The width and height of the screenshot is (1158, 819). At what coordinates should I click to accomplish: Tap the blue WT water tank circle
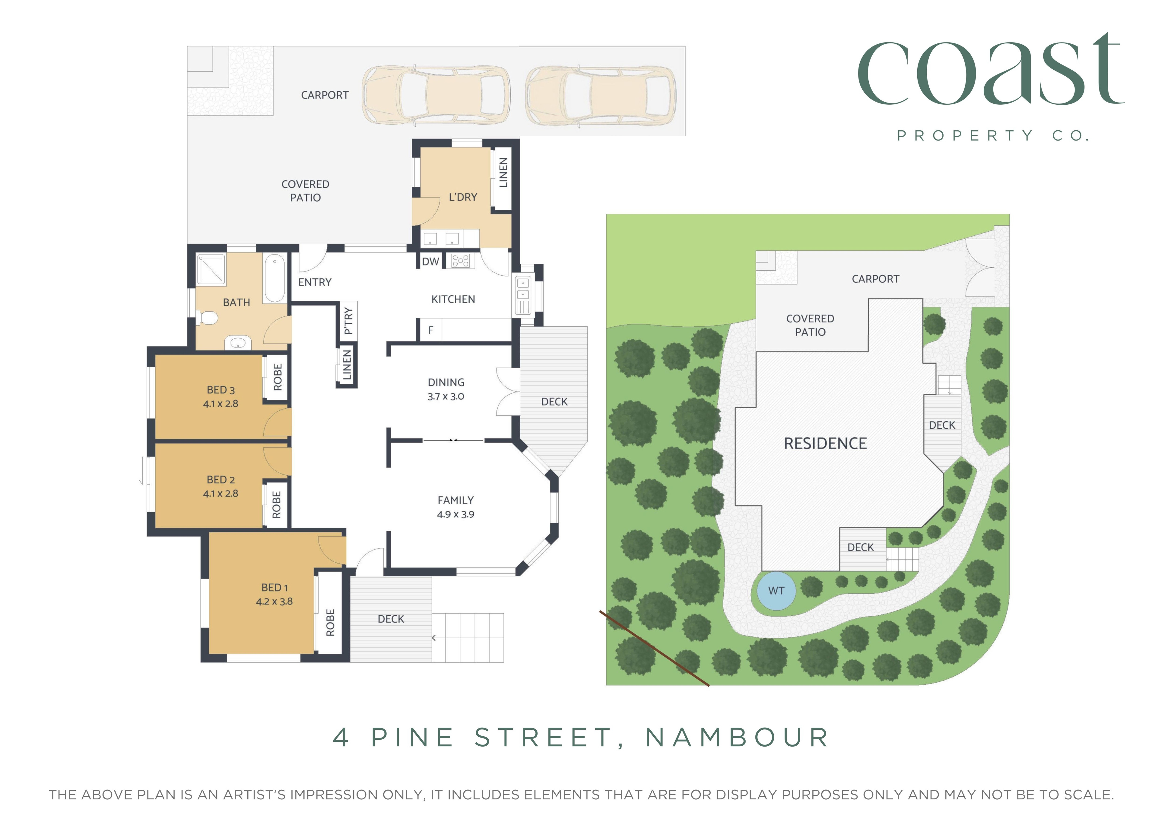776,591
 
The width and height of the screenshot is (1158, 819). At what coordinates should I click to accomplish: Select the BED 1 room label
274,588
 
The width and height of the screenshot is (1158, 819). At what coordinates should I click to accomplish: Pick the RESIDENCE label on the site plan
825,443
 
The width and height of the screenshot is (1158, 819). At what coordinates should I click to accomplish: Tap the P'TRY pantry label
348,321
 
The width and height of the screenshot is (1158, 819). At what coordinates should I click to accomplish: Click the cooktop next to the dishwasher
461,261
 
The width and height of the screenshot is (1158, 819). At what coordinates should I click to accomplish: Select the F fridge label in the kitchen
431,330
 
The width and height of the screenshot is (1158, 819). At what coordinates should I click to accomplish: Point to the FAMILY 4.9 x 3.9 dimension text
455,514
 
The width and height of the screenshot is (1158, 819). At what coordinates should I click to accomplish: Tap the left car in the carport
436,95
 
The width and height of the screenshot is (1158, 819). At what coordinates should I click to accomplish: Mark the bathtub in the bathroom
274,278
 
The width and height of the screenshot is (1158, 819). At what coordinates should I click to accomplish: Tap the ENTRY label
315,282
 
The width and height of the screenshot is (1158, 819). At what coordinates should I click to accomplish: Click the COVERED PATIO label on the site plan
810,325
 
